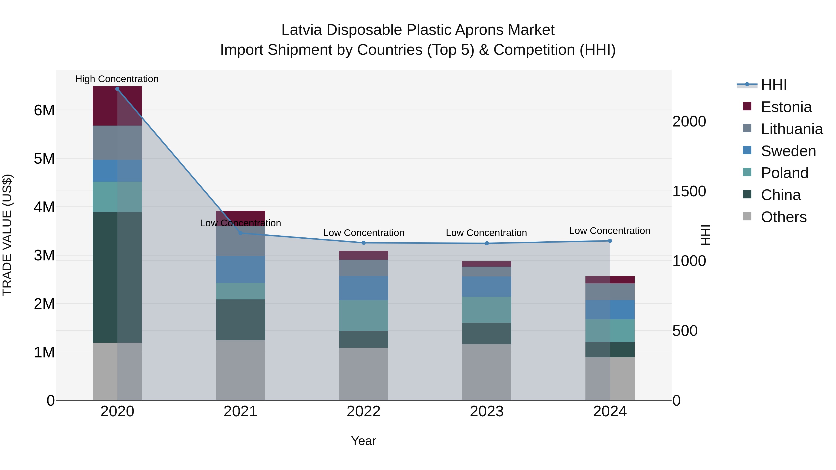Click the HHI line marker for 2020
pyautogui.click(x=117, y=89)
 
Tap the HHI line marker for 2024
pyautogui.click(x=610, y=241)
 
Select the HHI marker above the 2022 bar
pyautogui.click(x=363, y=243)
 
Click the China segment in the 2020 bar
pyautogui.click(x=117, y=277)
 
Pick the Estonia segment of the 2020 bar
pyautogui.click(x=117, y=106)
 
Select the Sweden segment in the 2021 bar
pyautogui.click(x=241, y=269)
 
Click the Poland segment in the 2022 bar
pyautogui.click(x=363, y=316)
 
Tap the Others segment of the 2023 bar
pyautogui.click(x=487, y=372)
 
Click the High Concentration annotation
pyautogui.click(x=117, y=79)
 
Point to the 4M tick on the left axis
pyautogui.click(x=44, y=207)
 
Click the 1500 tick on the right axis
pyautogui.click(x=689, y=191)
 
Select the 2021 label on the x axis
pyautogui.click(x=241, y=412)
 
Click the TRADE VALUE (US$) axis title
pyautogui.click(x=7, y=235)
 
